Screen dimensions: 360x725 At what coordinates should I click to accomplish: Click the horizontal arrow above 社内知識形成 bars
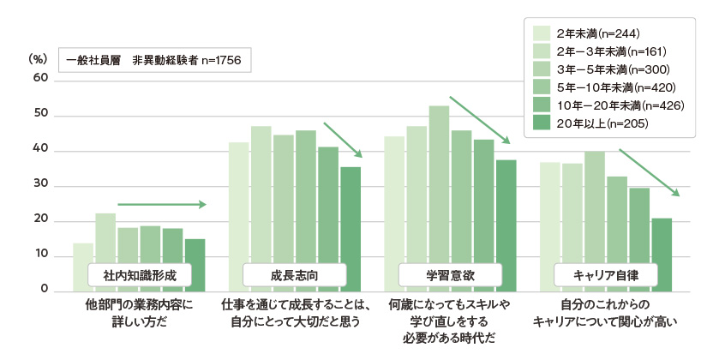(x=162, y=205)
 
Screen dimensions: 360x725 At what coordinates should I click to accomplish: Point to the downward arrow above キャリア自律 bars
(x=649, y=172)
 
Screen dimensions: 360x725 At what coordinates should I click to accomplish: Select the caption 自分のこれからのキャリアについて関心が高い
(x=605, y=313)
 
